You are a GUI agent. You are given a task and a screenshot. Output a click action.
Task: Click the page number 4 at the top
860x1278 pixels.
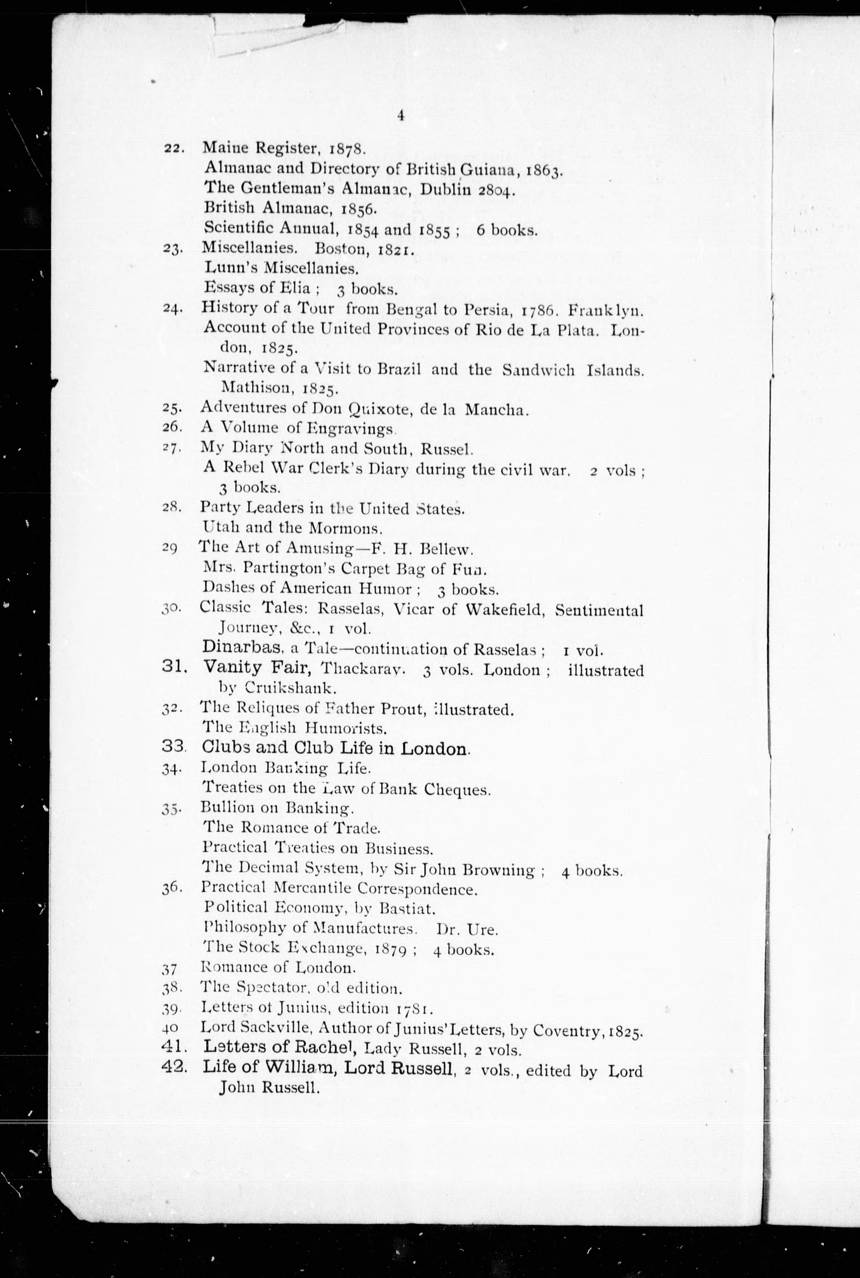(x=401, y=116)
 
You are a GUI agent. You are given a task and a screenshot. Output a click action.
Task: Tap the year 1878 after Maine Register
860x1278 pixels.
(x=346, y=149)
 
